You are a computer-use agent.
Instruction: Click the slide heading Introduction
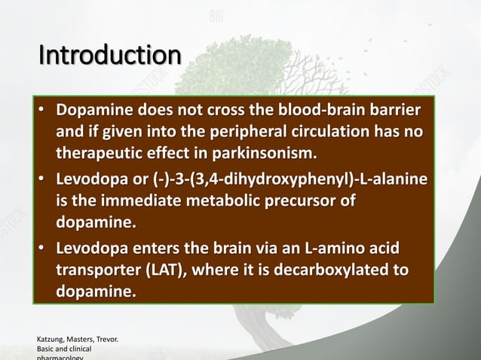coord(109,56)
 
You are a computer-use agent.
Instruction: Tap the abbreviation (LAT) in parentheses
coord(170,270)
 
